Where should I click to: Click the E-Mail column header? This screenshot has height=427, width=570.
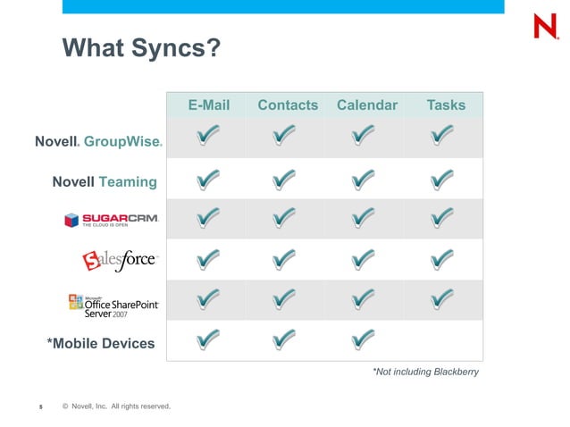click(208, 105)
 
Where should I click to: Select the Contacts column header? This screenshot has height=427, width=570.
click(288, 105)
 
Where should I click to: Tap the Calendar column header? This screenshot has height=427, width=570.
click(366, 105)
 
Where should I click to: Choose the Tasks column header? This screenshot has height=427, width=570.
click(446, 105)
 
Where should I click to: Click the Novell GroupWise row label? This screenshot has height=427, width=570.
click(98, 141)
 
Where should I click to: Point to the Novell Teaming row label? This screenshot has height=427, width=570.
click(105, 182)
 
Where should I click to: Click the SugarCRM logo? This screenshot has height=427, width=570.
click(111, 221)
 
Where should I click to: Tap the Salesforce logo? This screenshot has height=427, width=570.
click(120, 261)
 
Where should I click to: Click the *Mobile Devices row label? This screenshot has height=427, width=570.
click(100, 343)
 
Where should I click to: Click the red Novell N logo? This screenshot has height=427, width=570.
click(545, 27)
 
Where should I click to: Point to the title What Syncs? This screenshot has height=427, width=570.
click(140, 46)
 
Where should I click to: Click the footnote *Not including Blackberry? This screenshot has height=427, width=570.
click(424, 372)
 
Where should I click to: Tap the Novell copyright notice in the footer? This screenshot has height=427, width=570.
click(116, 406)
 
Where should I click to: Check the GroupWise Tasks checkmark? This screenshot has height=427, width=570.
click(442, 137)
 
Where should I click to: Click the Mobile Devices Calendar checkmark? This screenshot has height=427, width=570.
click(363, 339)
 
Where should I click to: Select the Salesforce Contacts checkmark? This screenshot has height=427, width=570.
click(284, 259)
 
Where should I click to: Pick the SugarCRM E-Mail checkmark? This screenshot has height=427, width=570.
click(206, 217)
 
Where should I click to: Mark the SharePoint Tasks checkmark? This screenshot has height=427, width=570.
click(442, 298)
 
